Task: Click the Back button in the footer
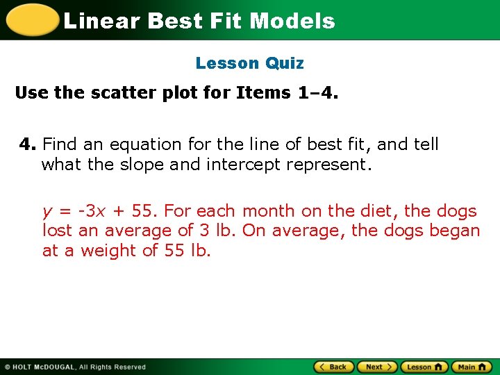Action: [333, 367]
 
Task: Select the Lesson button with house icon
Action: [424, 367]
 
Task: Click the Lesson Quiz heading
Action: [250, 63]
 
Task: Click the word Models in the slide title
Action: [292, 21]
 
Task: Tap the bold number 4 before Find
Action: [26, 144]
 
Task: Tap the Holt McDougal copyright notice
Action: [75, 367]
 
